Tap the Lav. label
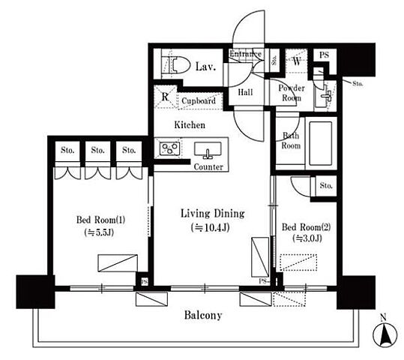pyautogui.click(x=205, y=67)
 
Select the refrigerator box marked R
pyautogui.click(x=165, y=97)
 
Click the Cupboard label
pyautogui.click(x=199, y=100)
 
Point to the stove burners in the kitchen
pyautogui.click(x=169, y=148)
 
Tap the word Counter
pyautogui.click(x=208, y=166)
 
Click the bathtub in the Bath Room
pyautogui.click(x=321, y=143)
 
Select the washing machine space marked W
pyautogui.click(x=297, y=61)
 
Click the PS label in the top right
pyautogui.click(x=324, y=55)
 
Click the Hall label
pyautogui.click(x=245, y=92)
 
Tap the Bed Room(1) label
pyautogui.click(x=100, y=220)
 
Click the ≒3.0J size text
pyautogui.click(x=307, y=238)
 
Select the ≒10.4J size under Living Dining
pyautogui.click(x=210, y=227)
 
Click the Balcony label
pyautogui.click(x=203, y=315)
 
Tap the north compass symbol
pyautogui.click(x=385, y=334)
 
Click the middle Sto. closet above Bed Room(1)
pyautogui.click(x=98, y=151)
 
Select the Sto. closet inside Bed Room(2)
pyautogui.click(x=326, y=186)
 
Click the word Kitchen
pyautogui.click(x=190, y=125)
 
